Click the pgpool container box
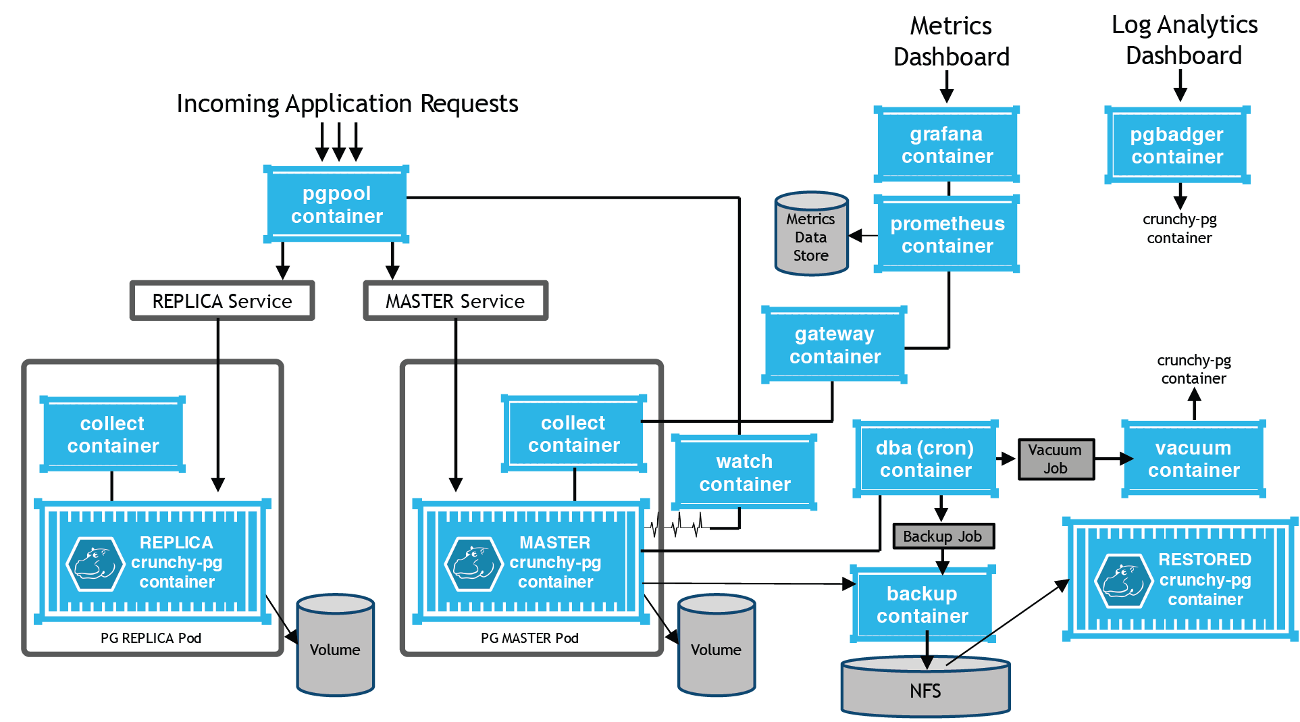point(336,205)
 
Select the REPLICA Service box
point(222,301)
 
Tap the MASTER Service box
point(455,301)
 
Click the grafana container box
point(947,145)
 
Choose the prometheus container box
point(947,234)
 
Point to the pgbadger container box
point(1176,145)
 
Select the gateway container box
point(835,345)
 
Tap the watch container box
point(744,472)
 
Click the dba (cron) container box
point(925,459)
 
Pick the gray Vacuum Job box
point(1056,459)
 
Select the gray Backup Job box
point(943,536)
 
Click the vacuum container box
point(1193,459)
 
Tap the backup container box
point(922,604)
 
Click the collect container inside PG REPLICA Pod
point(113,434)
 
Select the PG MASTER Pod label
point(529,638)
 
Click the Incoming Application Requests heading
point(347,103)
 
